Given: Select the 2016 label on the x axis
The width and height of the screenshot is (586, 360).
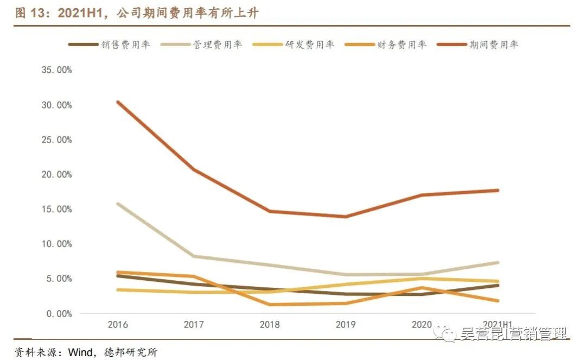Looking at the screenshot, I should [118, 325].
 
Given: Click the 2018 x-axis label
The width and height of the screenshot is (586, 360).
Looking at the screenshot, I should [270, 325].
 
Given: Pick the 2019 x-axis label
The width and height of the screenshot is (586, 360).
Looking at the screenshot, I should [346, 325].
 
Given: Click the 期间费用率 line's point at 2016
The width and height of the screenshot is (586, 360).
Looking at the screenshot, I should [118, 102].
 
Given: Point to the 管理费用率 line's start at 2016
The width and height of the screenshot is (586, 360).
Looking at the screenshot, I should [118, 204].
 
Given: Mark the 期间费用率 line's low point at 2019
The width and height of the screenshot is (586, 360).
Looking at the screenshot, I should [346, 217].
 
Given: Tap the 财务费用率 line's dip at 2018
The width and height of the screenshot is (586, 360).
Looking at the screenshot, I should [270, 305].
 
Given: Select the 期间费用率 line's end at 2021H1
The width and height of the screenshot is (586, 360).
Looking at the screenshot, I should [498, 190].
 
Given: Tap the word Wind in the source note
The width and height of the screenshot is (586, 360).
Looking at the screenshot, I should [80, 352].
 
